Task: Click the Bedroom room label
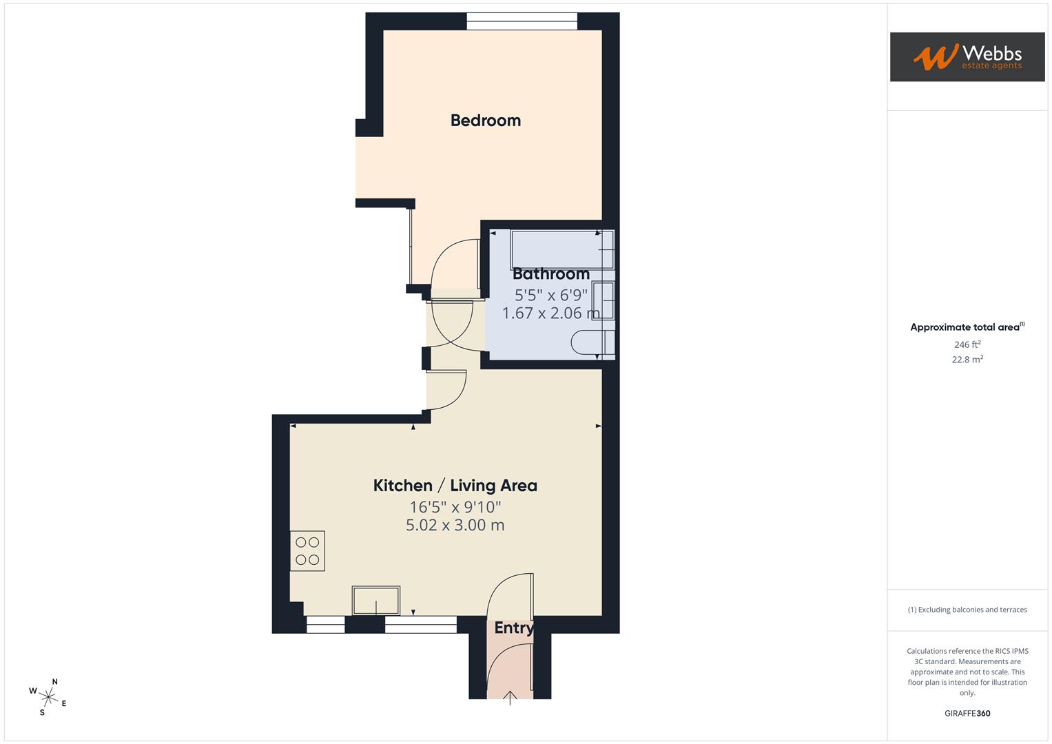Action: coord(485,121)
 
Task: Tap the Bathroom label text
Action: coord(550,274)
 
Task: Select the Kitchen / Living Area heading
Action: coord(455,486)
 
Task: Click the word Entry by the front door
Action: coord(513,628)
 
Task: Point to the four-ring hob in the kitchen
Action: coord(307,551)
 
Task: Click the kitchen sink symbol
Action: coord(375,600)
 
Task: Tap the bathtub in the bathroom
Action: coord(561,249)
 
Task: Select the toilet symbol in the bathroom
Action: coord(592,343)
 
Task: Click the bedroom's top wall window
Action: coord(522,22)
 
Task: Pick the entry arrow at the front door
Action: coord(510,699)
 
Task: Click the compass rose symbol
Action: coord(48,696)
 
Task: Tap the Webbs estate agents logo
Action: coord(967,57)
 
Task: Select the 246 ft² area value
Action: coord(967,344)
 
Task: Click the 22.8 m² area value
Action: coord(967,360)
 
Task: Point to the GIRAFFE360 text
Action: coord(967,714)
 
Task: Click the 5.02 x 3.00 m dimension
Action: coord(455,526)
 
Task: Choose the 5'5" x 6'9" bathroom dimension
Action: coord(550,296)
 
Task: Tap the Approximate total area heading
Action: coord(967,327)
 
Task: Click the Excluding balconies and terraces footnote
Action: coord(967,610)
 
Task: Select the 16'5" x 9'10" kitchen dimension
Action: coord(455,508)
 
